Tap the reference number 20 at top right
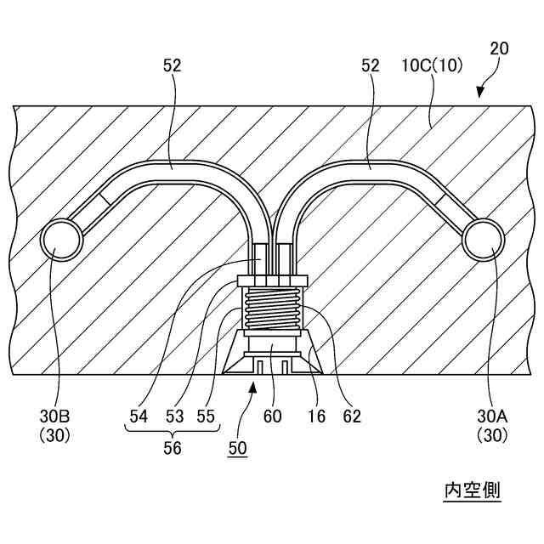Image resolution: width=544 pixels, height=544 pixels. coord(500,48)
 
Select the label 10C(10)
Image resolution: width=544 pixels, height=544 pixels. coord(428,65)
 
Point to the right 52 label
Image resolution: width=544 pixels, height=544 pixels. coord(370,65)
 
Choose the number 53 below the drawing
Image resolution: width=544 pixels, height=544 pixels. coord(174,416)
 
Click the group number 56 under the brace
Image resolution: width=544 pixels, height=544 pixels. coord(172,449)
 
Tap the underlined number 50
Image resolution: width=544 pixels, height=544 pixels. coord(236,449)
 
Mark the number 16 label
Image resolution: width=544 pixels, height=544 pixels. coord(316,416)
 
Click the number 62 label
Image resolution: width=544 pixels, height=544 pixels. coord(352,416)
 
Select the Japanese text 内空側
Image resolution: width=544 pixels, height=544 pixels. coord(472,490)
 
